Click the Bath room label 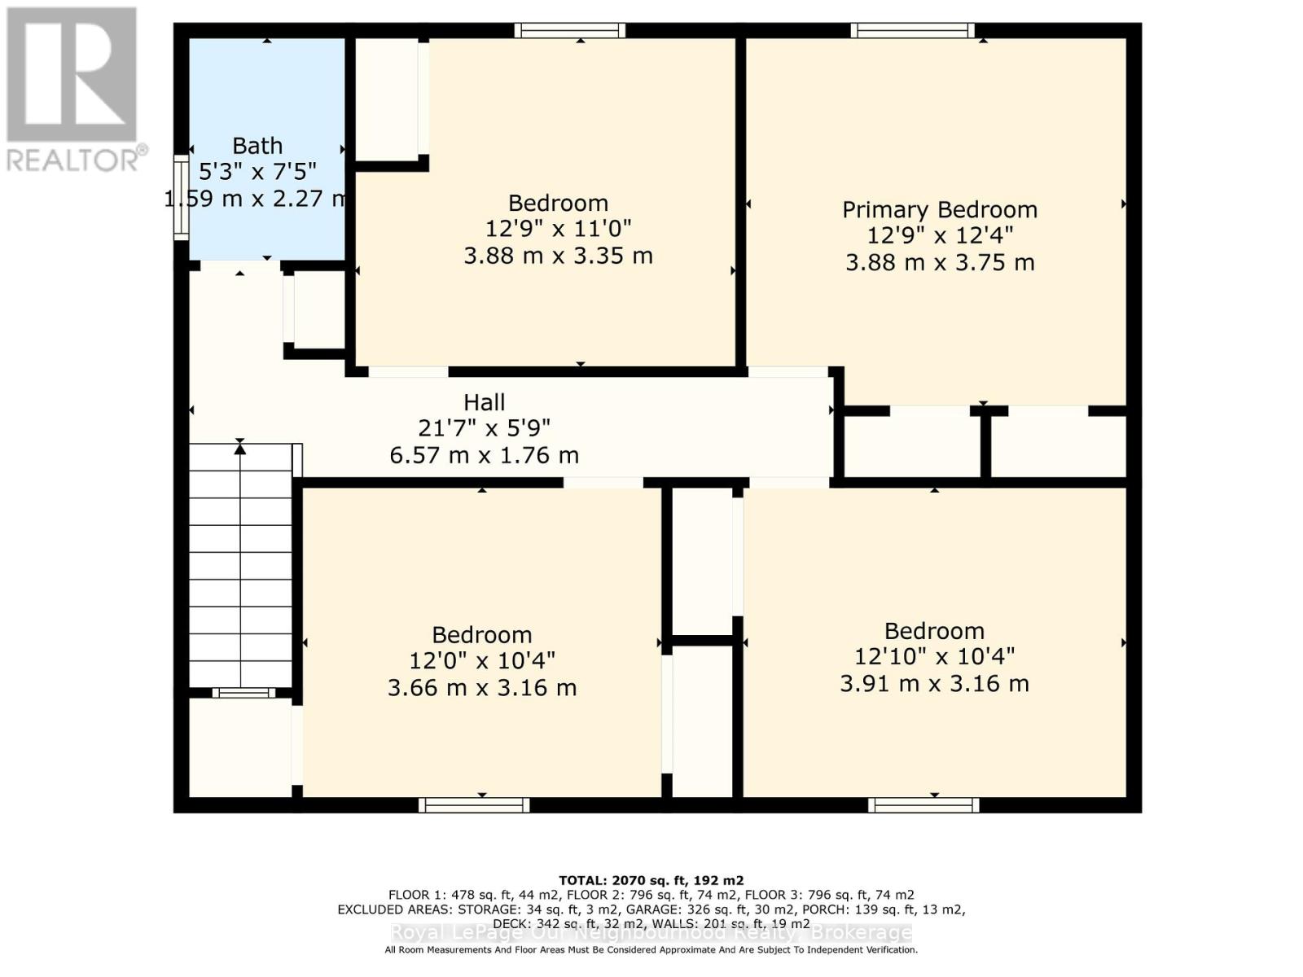tap(257, 146)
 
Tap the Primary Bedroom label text tap(939, 209)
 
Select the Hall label tap(484, 402)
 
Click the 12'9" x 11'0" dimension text tap(558, 230)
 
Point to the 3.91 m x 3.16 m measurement tap(934, 683)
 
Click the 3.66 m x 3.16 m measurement tap(481, 687)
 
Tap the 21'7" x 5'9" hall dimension tap(484, 427)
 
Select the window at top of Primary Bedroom tap(912, 31)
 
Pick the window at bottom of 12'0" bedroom tap(474, 805)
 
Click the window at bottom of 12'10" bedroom tap(924, 805)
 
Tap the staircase tap(240, 570)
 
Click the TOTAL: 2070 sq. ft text tap(651, 880)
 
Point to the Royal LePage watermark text tap(651, 933)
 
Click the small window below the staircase tap(243, 693)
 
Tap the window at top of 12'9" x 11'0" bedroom tap(569, 31)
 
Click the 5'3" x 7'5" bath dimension tap(257, 172)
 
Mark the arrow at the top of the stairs tap(239, 445)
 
